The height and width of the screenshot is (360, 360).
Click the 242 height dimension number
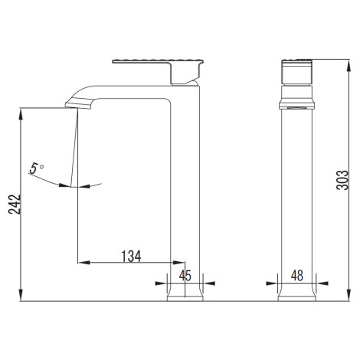15,205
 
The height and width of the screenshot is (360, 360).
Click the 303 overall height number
342,180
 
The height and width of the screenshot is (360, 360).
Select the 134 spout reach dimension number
131,256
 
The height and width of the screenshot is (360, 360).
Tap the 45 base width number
185,276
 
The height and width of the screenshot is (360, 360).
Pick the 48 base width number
297,276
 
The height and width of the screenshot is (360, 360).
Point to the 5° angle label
36,169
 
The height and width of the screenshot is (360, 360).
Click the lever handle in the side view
159,71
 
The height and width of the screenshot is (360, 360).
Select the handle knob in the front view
296,72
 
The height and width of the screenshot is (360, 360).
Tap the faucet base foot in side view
185,296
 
